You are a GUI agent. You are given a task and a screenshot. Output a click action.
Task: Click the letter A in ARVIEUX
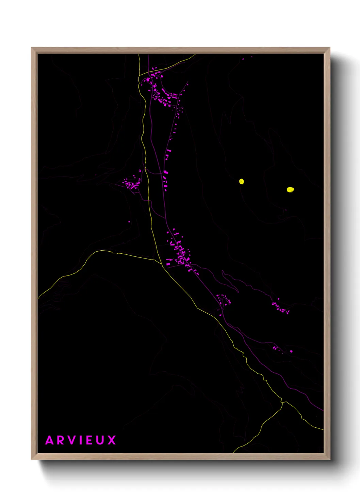coord(50,440)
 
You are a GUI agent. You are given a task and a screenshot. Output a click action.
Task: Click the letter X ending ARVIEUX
coord(112,440)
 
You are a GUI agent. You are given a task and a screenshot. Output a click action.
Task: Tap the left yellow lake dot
coord(242,182)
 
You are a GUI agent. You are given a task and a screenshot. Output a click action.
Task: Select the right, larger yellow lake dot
coord(290,190)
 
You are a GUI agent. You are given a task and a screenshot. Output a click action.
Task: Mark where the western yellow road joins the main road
coord(161,263)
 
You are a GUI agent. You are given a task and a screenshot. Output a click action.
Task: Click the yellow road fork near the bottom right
coord(282,402)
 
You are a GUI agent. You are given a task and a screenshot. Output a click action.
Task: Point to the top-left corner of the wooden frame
coord(32,48)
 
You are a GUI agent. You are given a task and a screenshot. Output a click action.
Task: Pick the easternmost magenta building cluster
coord(281,308)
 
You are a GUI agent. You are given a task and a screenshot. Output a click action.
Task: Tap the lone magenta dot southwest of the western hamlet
coord(129,222)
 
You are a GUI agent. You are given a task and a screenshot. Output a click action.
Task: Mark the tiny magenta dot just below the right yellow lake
coord(285,210)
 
